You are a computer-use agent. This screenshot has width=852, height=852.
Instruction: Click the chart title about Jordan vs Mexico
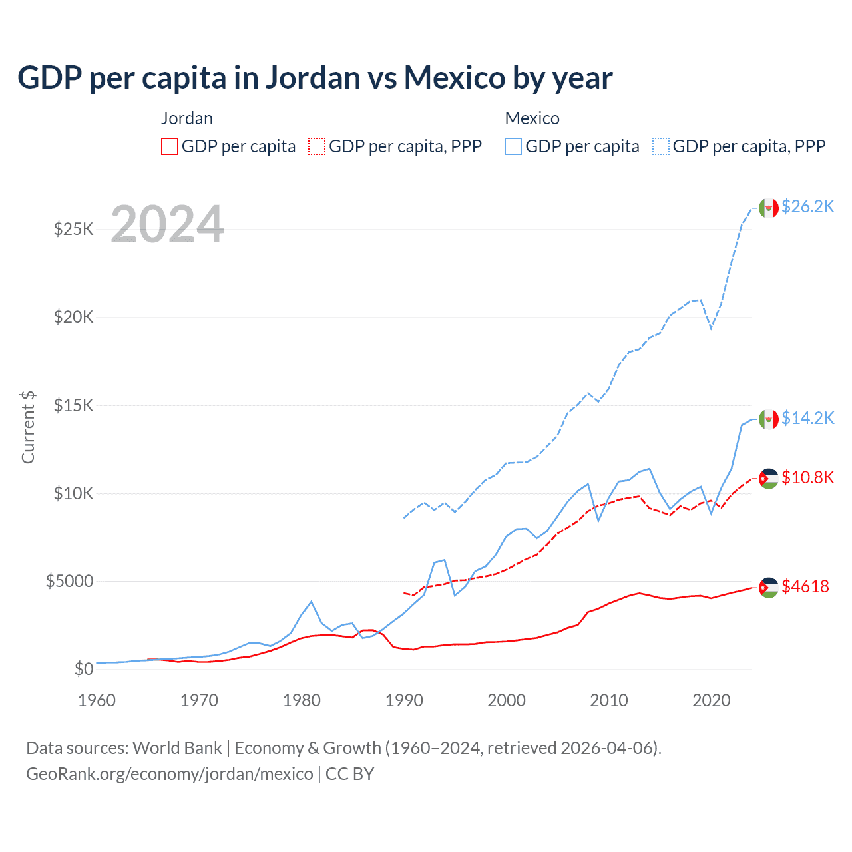[315, 78]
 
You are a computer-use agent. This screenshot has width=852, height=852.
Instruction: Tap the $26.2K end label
[807, 207]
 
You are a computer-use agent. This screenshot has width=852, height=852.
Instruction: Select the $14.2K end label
[807, 418]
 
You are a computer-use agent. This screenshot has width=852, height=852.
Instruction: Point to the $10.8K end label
[807, 477]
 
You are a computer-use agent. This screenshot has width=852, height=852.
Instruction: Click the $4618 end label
[805, 586]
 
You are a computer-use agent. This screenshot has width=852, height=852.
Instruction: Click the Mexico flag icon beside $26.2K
[769, 208]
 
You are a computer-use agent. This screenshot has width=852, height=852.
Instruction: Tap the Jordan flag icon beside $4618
[769, 587]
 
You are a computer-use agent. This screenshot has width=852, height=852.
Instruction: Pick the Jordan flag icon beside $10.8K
[769, 478]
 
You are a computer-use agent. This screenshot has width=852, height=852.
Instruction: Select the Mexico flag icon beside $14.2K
[769, 419]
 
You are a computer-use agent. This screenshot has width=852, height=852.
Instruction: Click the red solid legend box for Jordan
[170, 146]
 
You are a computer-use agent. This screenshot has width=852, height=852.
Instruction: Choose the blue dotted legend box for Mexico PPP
[661, 146]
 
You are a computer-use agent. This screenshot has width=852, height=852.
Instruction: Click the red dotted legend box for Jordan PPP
[318, 146]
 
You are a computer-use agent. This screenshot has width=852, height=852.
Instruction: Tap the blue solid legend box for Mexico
[513, 146]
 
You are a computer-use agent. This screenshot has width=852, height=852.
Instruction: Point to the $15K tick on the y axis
[73, 405]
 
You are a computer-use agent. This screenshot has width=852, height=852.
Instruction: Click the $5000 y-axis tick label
[69, 581]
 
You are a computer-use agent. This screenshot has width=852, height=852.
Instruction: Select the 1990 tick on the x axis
[404, 700]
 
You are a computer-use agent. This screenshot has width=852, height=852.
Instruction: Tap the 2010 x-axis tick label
[609, 700]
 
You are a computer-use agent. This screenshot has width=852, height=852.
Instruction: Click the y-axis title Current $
[28, 427]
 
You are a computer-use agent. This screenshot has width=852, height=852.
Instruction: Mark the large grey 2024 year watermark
[167, 224]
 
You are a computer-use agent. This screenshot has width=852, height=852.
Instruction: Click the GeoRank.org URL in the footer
[170, 774]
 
